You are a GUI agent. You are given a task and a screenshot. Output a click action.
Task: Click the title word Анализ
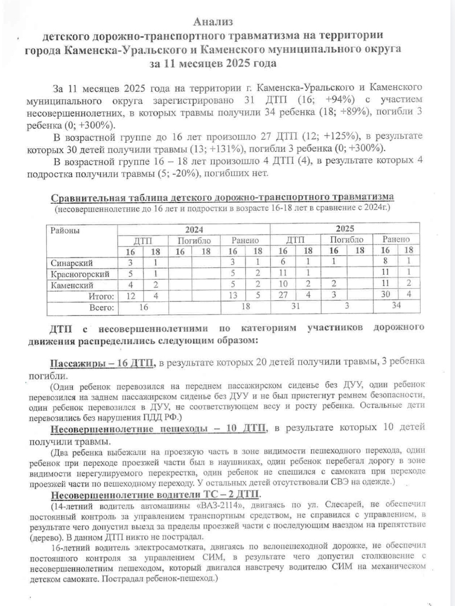coord(213,22)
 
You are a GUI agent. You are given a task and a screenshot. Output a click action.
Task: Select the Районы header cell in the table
coord(65,230)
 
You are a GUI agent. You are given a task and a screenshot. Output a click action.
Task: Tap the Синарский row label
coord(72,263)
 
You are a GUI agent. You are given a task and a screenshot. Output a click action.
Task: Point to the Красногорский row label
coord(80,274)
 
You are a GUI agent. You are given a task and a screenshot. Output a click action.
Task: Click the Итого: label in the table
coord(101,296)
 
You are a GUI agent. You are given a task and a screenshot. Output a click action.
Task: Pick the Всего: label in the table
coord(101,307)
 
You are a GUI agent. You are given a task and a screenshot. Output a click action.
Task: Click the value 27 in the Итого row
coord(283,295)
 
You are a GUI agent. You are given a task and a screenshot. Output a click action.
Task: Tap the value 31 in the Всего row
coord(295,306)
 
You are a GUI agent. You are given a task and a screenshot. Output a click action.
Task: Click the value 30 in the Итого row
coord(385,295)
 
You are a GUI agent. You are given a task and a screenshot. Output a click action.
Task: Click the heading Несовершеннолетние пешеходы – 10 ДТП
coord(158,429)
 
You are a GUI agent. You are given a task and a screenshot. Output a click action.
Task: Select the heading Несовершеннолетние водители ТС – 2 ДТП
coord(155,495)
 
